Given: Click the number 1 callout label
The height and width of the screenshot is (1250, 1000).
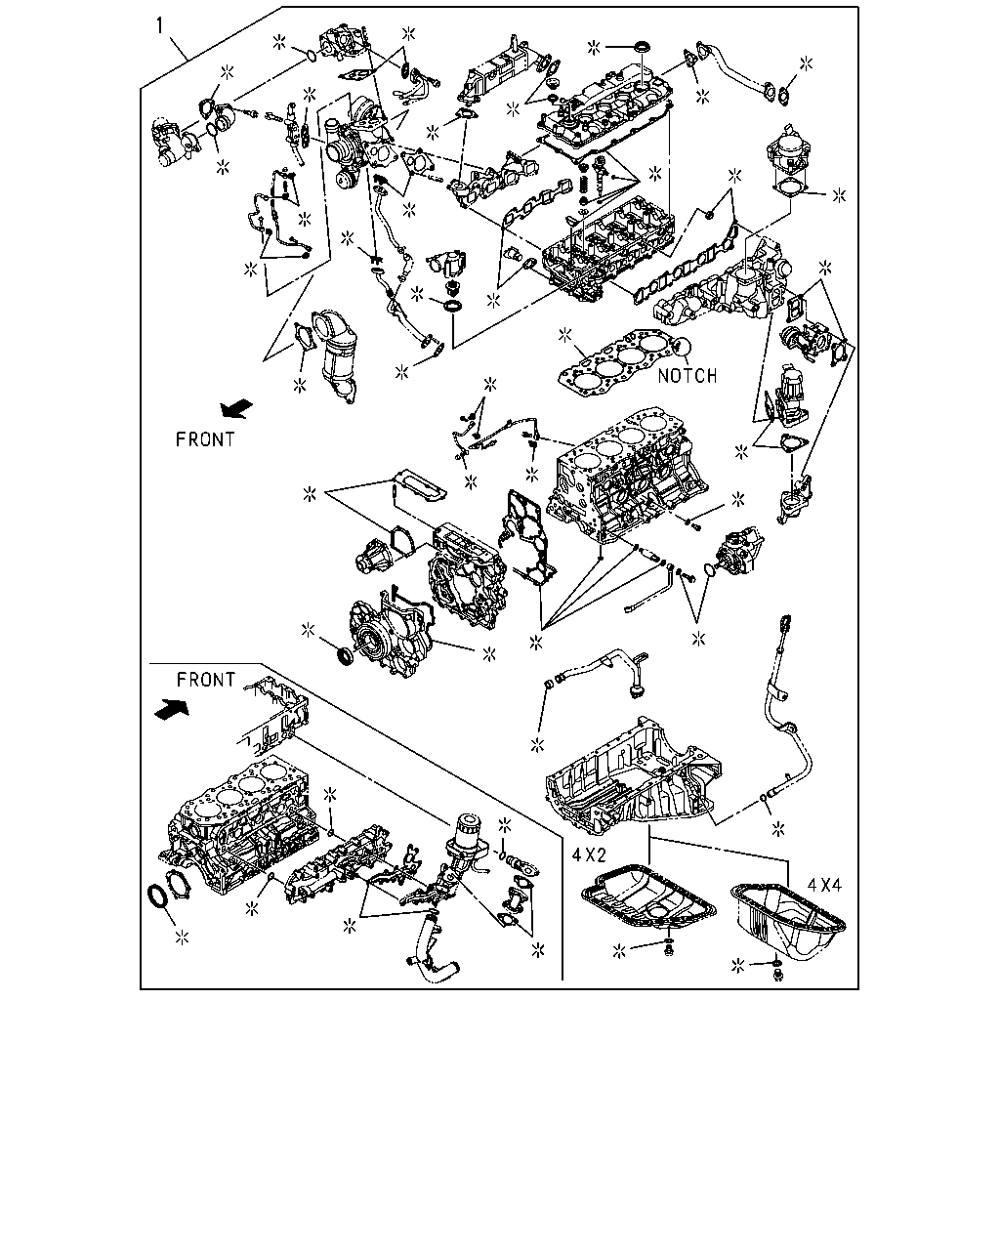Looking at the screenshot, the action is [x=159, y=26].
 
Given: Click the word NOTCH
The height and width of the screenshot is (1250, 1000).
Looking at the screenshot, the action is [x=687, y=376].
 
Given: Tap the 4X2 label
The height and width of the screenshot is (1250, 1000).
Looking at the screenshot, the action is [x=589, y=854].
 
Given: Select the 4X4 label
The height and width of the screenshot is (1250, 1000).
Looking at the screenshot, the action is [x=824, y=885].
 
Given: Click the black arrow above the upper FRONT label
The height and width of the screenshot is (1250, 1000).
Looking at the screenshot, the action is [x=237, y=408].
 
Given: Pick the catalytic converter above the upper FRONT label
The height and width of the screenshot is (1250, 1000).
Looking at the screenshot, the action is [x=336, y=356].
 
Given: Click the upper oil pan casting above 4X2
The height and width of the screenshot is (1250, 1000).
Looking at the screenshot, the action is [x=634, y=771].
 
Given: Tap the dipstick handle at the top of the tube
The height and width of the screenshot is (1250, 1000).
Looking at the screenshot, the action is [x=786, y=622].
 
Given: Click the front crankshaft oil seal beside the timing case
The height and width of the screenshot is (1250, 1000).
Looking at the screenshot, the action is [x=345, y=656].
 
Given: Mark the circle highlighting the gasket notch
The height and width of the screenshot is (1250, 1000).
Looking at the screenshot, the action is [x=684, y=348].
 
